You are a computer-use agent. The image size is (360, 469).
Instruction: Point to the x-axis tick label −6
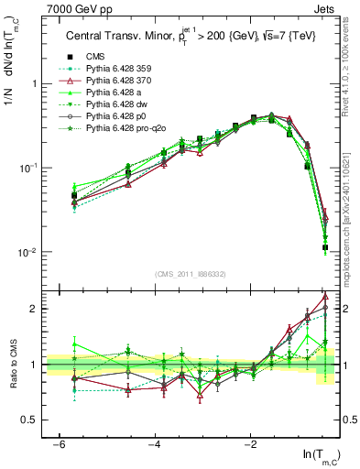tap(59, 442)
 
